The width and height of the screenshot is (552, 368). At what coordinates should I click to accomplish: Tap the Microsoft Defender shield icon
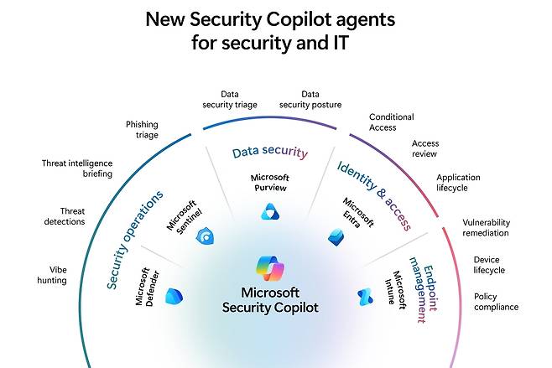click(x=174, y=296)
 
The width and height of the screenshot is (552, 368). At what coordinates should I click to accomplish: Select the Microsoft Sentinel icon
click(x=204, y=237)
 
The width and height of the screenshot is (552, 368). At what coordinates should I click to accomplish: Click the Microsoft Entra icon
click(x=336, y=237)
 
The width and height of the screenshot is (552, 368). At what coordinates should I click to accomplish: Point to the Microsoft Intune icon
click(x=365, y=296)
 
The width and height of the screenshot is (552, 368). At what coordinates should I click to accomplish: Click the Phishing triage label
click(x=142, y=129)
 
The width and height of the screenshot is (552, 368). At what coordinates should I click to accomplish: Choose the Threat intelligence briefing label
click(x=77, y=169)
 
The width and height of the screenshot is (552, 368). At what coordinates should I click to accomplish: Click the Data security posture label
click(x=310, y=100)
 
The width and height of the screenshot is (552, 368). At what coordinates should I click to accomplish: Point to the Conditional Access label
click(x=391, y=122)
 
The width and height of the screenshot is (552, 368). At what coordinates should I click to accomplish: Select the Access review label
click(x=425, y=148)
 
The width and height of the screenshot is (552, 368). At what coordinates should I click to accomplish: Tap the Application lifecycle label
click(x=458, y=183)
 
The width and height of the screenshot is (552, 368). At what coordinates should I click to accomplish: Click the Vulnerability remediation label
click(x=486, y=227)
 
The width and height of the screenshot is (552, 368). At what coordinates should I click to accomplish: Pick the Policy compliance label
click(x=496, y=302)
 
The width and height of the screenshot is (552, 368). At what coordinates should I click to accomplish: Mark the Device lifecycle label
click(x=489, y=265)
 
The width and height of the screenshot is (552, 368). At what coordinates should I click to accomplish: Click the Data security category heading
click(x=270, y=153)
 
